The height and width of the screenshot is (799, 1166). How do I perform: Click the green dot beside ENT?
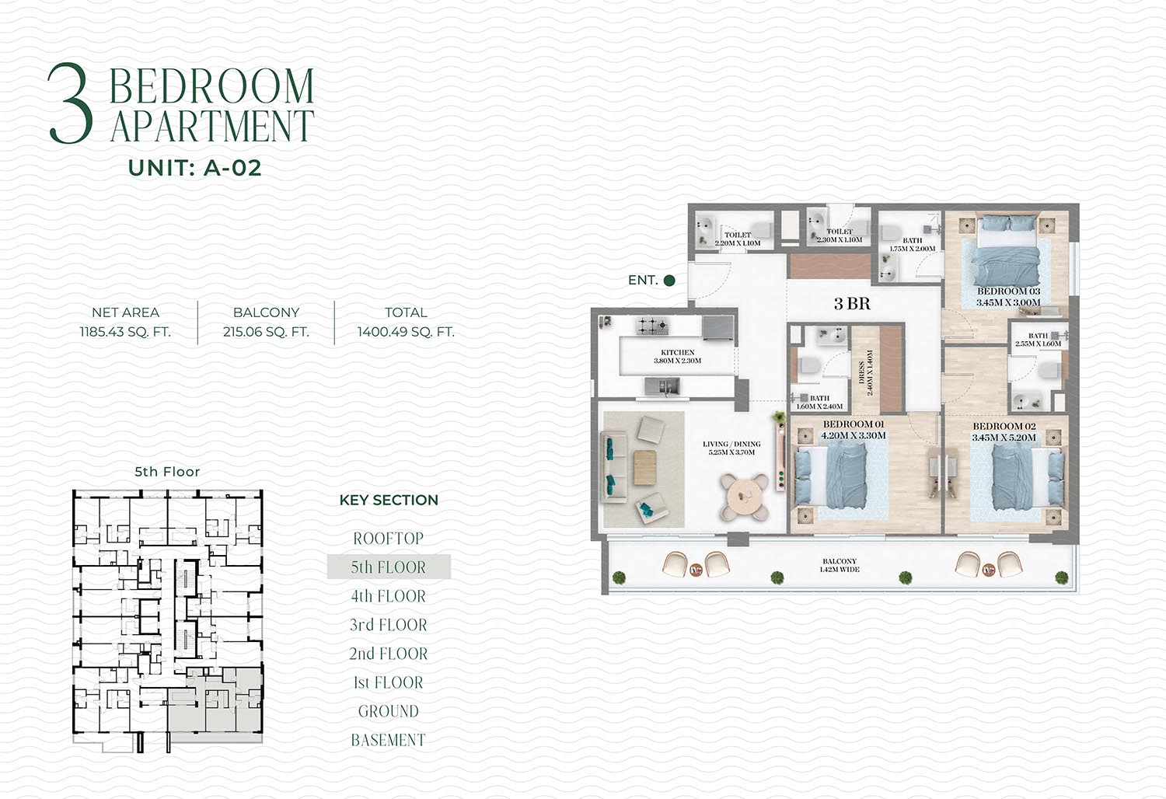(x=669, y=281)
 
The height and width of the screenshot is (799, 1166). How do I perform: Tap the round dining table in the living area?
(x=745, y=496)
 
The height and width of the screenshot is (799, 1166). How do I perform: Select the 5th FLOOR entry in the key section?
(x=389, y=567)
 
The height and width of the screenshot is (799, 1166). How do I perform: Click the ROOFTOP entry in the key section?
(x=389, y=538)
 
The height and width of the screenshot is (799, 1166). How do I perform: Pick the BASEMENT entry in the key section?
(x=389, y=740)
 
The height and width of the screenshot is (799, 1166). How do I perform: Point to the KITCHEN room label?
(x=678, y=352)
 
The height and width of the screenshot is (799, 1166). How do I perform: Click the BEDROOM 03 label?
(x=1008, y=291)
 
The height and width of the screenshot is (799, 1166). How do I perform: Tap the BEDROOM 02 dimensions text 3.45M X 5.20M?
(x=1004, y=438)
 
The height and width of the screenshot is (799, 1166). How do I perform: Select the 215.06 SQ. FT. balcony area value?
(x=266, y=332)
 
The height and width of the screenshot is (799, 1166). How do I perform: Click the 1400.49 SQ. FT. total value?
(x=406, y=332)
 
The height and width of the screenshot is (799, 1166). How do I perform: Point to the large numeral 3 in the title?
(x=70, y=103)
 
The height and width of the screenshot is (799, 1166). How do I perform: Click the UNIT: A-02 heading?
(x=194, y=168)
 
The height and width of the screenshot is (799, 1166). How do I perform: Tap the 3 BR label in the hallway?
(x=852, y=303)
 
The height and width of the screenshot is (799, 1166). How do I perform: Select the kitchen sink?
(x=662, y=387)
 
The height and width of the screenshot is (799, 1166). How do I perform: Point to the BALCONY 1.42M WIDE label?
(x=840, y=565)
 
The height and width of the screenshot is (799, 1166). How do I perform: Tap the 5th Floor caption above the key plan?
(x=167, y=472)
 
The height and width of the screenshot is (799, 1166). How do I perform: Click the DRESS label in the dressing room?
(x=861, y=372)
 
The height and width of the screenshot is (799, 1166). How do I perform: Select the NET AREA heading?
(x=125, y=312)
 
